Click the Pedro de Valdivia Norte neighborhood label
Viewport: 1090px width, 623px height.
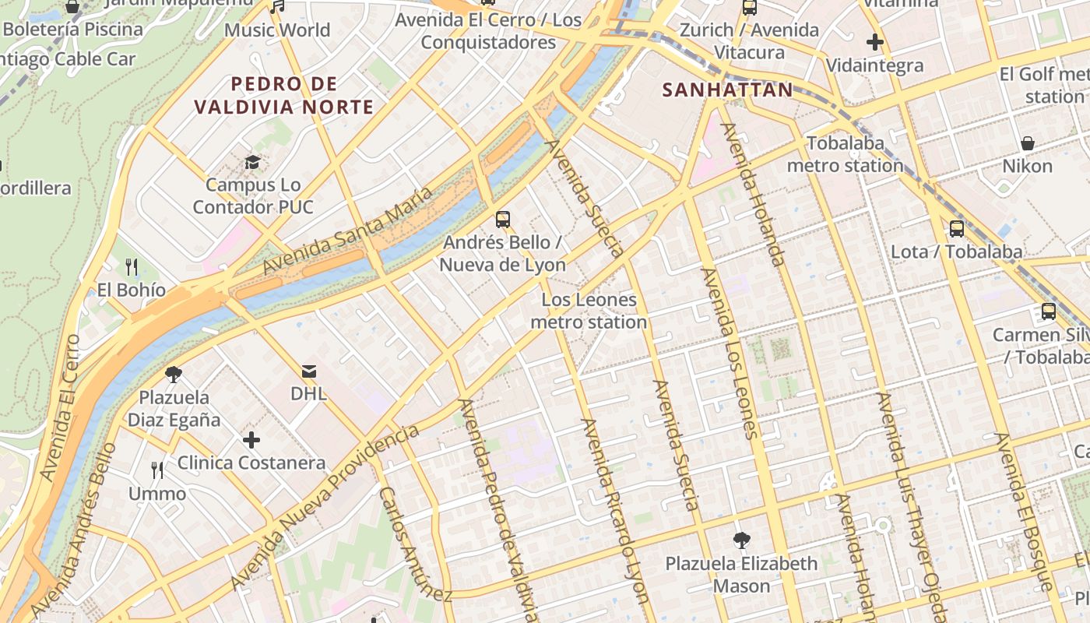coord(284,95)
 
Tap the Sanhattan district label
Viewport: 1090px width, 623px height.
coord(727,90)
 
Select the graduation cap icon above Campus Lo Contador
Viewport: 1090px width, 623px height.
coord(252,162)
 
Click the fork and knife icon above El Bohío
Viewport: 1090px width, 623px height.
coord(132,267)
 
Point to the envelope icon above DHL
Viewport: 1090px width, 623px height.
coord(308,371)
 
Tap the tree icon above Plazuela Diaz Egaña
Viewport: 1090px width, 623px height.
coord(174,375)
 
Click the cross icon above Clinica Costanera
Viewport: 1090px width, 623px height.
coord(251,440)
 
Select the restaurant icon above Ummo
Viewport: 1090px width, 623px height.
coord(157,470)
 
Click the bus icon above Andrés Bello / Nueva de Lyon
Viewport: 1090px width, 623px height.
coord(503,219)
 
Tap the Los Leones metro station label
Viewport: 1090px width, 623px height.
coord(589,311)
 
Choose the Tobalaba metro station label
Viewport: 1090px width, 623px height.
coord(846,154)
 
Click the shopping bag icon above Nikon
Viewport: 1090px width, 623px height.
coord(1028,143)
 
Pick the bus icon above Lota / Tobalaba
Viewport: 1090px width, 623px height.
coord(956,229)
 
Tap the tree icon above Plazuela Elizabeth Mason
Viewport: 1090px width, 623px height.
coord(741,540)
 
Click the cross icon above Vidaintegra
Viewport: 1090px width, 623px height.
coord(874,42)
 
